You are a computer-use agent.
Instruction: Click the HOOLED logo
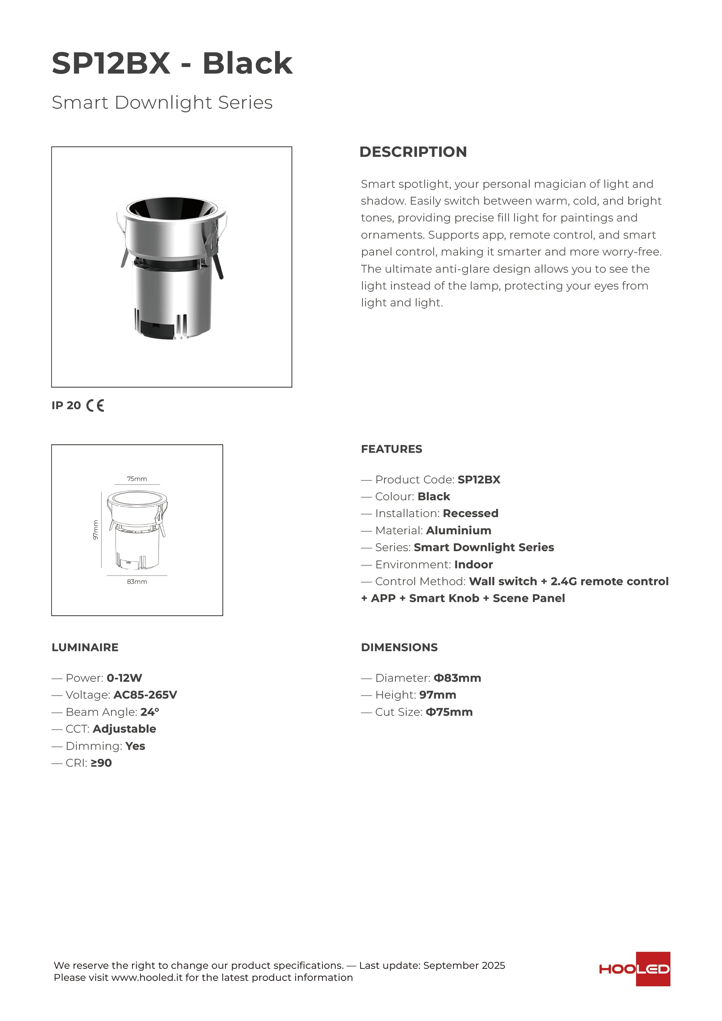pos(634,969)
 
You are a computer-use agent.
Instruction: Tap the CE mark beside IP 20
pos(95,406)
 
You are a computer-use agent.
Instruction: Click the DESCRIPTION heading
pos(413,152)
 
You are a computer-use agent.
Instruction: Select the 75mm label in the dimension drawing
pos(137,479)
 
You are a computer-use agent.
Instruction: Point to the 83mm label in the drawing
pos(137,582)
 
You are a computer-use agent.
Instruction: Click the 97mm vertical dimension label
pos(95,530)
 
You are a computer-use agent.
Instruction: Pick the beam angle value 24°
pos(150,712)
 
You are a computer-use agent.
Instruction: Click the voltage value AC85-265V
pos(145,695)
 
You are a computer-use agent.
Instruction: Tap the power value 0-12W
pos(124,678)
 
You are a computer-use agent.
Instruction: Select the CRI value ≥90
pos(101,763)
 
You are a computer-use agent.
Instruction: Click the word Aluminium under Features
pos(459,530)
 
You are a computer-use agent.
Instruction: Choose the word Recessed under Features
pos(471,514)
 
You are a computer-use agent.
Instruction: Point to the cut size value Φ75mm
pos(449,712)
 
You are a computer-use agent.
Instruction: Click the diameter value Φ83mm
pos(457,678)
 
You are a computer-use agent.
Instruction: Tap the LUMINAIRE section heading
pos(85,647)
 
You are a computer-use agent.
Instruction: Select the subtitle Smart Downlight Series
pos(162,103)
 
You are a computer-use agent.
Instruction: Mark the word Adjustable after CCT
pos(124,729)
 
